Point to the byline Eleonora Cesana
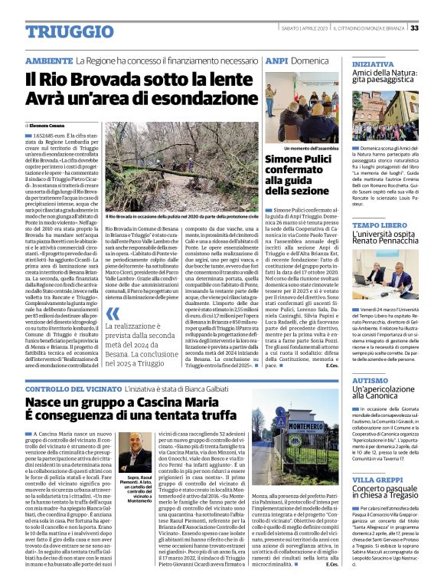pos(48,124)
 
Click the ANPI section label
pos(276,60)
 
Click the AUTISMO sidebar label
pos(371,380)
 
